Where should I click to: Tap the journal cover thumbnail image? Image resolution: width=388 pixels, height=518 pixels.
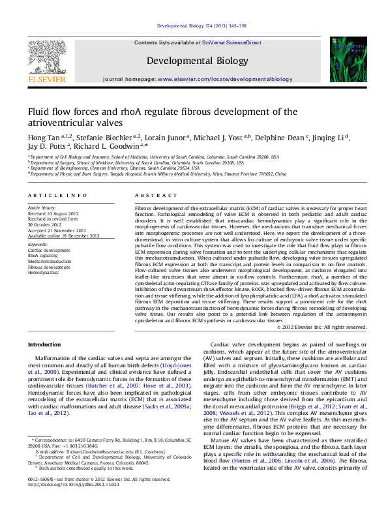pyautogui.click(x=345, y=59)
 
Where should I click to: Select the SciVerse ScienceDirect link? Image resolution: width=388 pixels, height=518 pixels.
pyautogui.click(x=231, y=42)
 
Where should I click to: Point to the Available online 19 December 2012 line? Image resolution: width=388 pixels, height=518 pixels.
pyautogui.click(x=63, y=236)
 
